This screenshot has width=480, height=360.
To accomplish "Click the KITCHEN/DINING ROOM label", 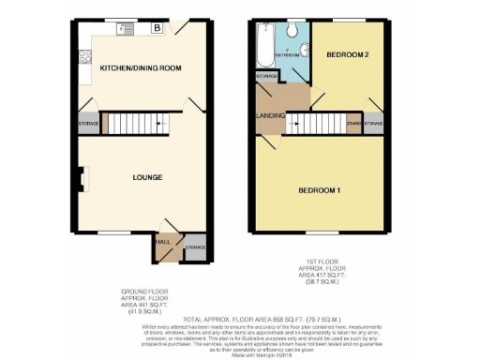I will (141, 68).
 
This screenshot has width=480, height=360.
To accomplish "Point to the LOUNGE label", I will (147, 177).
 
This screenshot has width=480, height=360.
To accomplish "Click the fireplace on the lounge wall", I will (82, 177).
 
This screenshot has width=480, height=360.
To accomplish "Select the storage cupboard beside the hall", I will (195, 247).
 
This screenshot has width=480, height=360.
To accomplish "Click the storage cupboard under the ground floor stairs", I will (88, 123).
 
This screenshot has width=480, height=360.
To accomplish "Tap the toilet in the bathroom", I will (292, 31).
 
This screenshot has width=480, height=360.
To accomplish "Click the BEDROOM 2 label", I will (347, 55).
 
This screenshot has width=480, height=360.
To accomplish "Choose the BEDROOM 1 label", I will (319, 190).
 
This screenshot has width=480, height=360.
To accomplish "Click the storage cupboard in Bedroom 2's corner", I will (372, 124).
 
